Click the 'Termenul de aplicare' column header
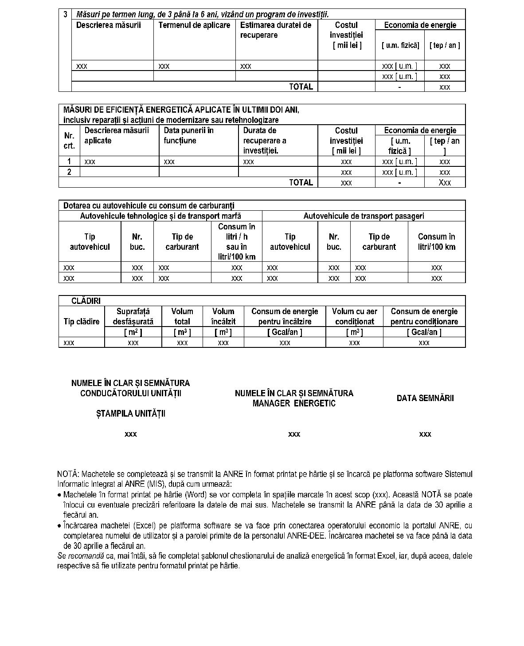[194, 25]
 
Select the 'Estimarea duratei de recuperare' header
[275, 30]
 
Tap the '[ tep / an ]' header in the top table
[445, 45]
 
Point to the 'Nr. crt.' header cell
[69, 141]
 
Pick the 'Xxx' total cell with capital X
[445, 182]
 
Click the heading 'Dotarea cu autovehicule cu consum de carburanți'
[149, 205]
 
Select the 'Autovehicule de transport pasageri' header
[364, 216]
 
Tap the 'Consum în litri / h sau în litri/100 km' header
[237, 241]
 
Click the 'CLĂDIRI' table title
[86, 301]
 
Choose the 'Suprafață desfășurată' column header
[133, 316]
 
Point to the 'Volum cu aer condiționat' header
[354, 316]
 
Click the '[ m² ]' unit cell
[133, 332]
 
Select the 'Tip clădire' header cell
[82, 322]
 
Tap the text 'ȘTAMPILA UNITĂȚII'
[131, 414]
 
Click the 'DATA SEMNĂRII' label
[425, 398]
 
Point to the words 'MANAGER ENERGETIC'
[294, 403]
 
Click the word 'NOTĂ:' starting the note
[68, 474]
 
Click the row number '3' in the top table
[65, 14]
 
